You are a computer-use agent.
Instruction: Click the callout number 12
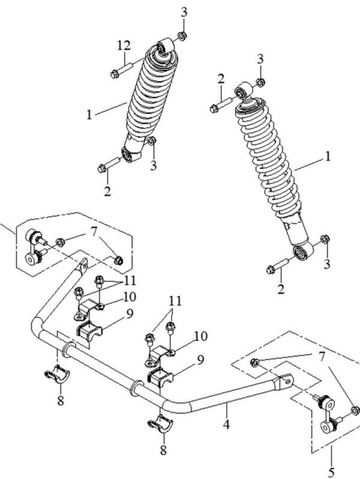pyautogui.click(x=124, y=46)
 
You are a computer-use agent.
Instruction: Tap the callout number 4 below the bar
pyautogui.click(x=226, y=424)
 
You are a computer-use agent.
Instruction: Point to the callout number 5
pyautogui.click(x=332, y=472)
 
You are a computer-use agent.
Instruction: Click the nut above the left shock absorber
pyautogui.click(x=182, y=36)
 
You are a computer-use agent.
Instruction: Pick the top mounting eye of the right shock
pyautogui.click(x=243, y=90)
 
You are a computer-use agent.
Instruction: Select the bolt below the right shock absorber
pyautogui.click(x=278, y=266)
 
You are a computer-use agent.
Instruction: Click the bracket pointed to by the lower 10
pyautogui.click(x=159, y=356)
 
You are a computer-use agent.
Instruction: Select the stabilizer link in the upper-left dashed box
pyautogui.click(x=34, y=246)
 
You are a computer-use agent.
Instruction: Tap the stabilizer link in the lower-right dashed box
pyautogui.click(x=328, y=413)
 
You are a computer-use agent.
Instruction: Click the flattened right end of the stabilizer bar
pyautogui.click(x=284, y=382)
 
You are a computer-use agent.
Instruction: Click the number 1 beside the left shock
pyautogui.click(x=89, y=115)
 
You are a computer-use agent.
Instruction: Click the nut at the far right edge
pyautogui.click(x=355, y=410)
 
